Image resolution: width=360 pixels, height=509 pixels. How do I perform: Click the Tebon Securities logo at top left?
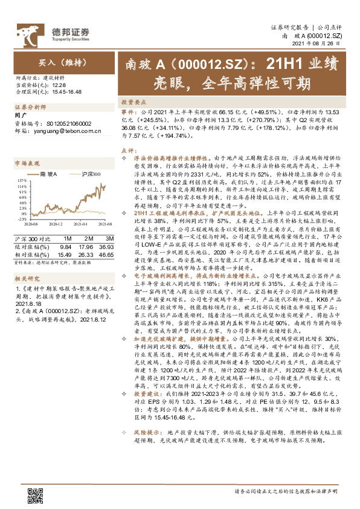(x=53, y=31)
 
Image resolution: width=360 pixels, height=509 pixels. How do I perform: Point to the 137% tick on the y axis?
(x=20, y=180)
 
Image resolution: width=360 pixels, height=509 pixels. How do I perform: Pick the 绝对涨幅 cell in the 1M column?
(x=66, y=239)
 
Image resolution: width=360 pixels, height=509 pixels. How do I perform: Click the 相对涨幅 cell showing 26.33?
(x=86, y=245)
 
